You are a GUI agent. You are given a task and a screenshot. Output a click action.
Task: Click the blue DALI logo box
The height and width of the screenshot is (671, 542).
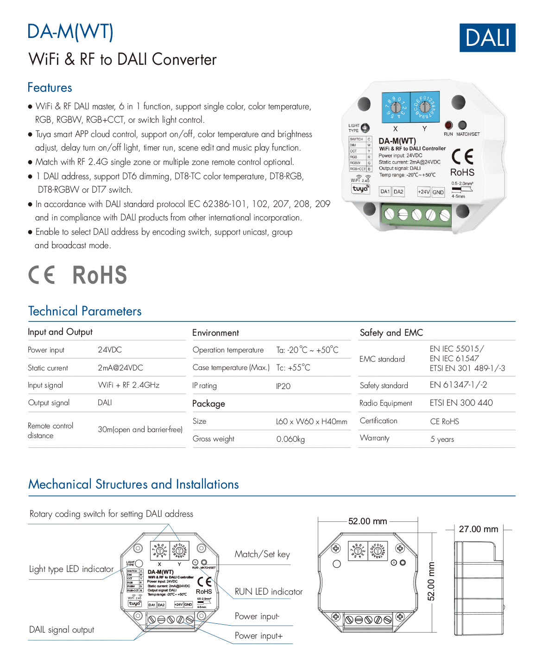(x=487, y=38)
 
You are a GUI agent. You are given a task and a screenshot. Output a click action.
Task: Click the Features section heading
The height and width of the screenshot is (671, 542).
(x=50, y=88)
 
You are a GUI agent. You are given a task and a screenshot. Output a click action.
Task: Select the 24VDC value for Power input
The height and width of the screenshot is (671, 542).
(x=110, y=350)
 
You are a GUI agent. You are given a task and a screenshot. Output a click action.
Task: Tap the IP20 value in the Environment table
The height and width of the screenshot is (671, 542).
(x=283, y=386)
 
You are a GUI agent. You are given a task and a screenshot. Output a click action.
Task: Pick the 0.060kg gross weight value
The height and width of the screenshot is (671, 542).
(x=290, y=439)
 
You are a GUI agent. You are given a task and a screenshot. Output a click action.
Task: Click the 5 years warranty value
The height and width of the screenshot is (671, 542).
(x=442, y=439)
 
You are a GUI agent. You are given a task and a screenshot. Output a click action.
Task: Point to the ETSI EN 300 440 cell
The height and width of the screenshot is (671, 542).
(x=461, y=403)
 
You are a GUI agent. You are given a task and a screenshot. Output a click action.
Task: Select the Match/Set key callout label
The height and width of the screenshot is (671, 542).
(x=262, y=554)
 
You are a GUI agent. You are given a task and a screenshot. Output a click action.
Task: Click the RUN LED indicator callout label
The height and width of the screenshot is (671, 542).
(x=268, y=591)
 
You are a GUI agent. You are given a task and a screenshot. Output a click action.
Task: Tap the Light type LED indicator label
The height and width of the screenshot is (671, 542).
(x=71, y=569)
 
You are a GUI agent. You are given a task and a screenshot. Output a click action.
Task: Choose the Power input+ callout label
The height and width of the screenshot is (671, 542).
(x=258, y=635)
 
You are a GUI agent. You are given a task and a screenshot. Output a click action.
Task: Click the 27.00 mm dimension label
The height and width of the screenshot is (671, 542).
(x=479, y=529)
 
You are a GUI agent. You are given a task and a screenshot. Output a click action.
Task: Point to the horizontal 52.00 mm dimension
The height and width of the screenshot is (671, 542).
(x=367, y=521)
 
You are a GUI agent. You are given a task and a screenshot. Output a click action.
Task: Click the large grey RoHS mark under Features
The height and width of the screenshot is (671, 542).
(x=100, y=275)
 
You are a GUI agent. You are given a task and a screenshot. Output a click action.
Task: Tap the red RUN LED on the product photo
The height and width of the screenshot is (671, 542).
(x=448, y=125)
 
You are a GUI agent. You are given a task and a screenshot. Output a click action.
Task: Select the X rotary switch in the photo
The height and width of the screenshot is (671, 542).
(x=396, y=107)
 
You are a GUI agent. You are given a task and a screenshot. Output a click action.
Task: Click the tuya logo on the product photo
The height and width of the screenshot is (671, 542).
(x=360, y=189)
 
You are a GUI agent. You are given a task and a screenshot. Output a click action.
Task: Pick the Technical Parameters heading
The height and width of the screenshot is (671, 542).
(x=85, y=311)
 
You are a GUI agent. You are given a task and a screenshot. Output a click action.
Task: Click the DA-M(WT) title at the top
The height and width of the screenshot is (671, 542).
(x=70, y=31)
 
